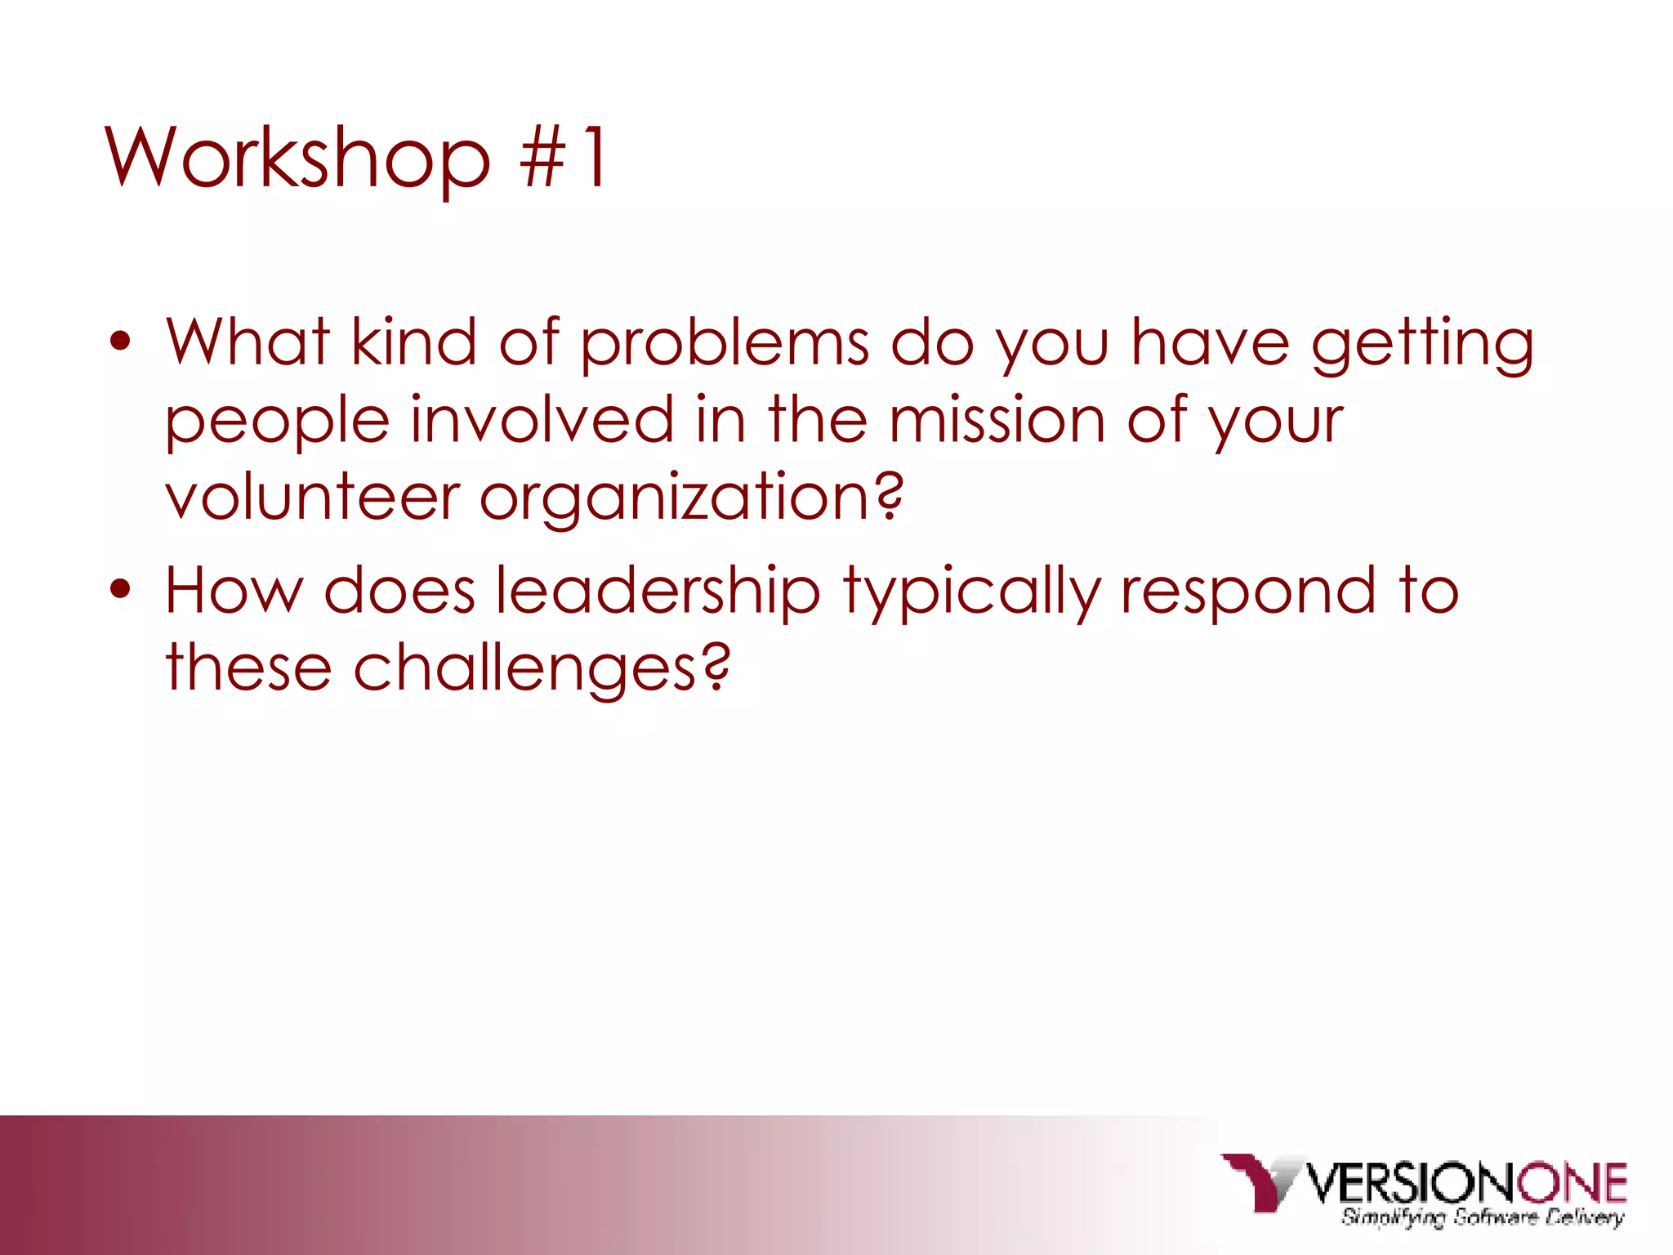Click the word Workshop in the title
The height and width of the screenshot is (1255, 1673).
pos(298,158)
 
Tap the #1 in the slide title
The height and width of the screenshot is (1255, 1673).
pos(564,158)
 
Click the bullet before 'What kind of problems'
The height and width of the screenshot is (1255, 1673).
pos(120,343)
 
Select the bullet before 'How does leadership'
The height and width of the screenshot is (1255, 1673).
pos(120,590)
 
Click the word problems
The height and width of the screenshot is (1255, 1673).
pos(725,343)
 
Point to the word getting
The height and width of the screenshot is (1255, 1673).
pos(1422,343)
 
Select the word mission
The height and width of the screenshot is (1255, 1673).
pos(997,420)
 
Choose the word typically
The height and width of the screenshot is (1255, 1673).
pos(971,590)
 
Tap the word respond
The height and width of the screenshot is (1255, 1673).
pos(1248,590)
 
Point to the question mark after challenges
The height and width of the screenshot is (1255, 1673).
pos(716,666)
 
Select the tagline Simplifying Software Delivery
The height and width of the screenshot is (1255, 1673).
pos(1482,1217)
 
